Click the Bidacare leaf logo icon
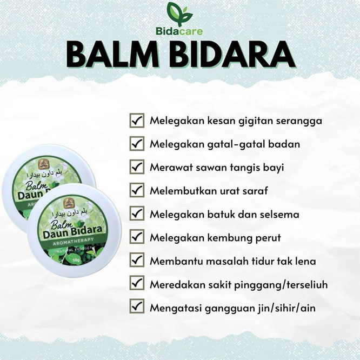179,14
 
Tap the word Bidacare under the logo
179,31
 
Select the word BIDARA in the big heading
233,55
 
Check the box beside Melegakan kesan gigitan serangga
137,121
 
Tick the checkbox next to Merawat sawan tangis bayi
137,167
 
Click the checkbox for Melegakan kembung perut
137,237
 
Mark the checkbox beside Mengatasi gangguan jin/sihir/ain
137,306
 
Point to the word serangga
299,122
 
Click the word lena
305,261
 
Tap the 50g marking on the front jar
76,261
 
